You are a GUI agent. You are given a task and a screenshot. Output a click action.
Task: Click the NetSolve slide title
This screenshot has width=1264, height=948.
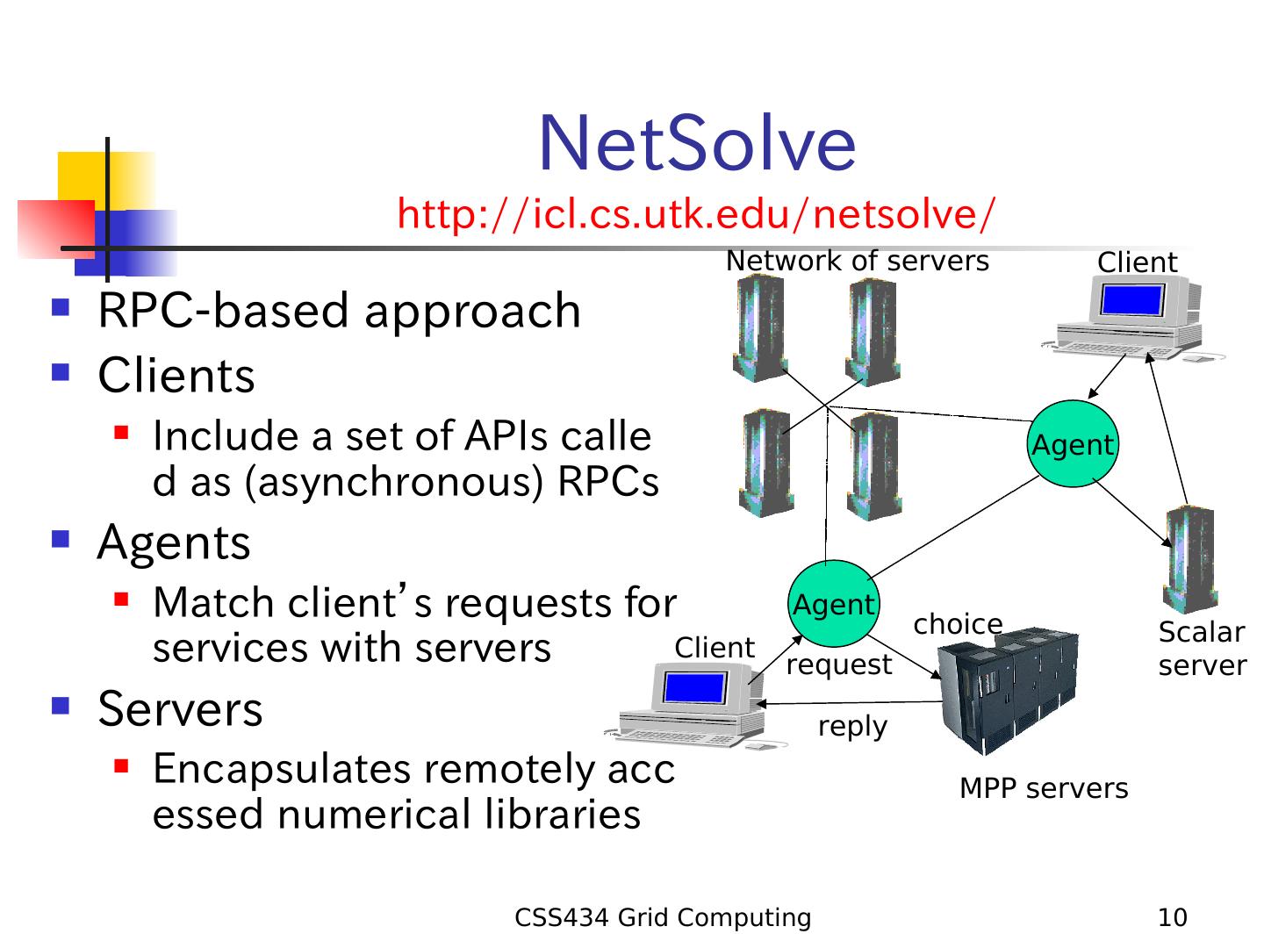coord(697,144)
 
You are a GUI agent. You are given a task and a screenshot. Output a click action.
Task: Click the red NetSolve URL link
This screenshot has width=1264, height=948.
coord(696,214)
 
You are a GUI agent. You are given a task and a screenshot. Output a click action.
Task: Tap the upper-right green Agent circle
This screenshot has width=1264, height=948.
coord(1072,445)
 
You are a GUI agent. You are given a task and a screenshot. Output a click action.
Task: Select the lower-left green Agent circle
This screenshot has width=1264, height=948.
coord(834,605)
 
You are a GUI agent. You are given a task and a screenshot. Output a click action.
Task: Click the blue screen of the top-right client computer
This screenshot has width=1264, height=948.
coord(1131,301)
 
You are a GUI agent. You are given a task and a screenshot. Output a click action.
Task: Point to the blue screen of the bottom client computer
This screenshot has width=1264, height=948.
coord(694,686)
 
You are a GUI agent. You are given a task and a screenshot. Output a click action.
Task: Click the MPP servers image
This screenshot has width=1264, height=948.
coord(1007,688)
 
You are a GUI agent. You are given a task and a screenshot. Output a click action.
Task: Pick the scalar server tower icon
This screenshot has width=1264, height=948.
coord(1191,560)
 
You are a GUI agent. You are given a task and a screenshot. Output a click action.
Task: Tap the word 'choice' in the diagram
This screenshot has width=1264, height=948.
coord(958,624)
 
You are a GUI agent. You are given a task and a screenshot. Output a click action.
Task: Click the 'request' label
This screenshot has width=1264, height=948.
coord(838,664)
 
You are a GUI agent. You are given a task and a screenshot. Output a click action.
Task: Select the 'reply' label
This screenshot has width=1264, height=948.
coord(852,727)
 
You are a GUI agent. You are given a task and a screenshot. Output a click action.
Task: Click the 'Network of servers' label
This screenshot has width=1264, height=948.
coord(857,261)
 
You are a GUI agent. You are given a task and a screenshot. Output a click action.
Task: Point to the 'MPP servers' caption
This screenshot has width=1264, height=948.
coord(1044,788)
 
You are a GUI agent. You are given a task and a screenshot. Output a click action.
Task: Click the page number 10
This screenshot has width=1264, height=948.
coord(1173,918)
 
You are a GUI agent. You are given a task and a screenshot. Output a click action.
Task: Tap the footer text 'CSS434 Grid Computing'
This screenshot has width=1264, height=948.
coord(663,918)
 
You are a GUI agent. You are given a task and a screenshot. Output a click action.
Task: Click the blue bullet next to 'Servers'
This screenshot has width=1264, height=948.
coord(61,705)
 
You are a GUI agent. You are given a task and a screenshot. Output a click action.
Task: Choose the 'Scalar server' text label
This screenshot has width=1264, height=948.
coord(1202,649)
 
